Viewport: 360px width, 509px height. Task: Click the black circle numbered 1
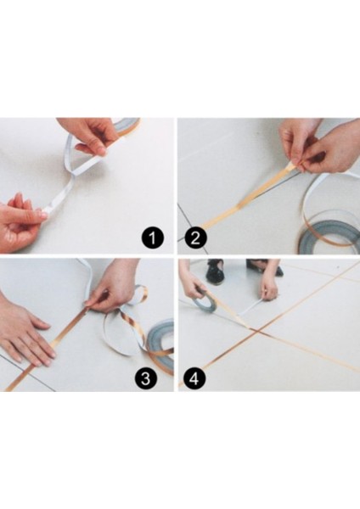click(152, 238)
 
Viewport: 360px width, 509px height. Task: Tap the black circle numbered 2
click(195, 238)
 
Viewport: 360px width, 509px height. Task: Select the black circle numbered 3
click(145, 378)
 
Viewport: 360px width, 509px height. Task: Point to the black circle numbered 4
click(194, 378)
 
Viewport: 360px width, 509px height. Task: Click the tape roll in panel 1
click(129, 126)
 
